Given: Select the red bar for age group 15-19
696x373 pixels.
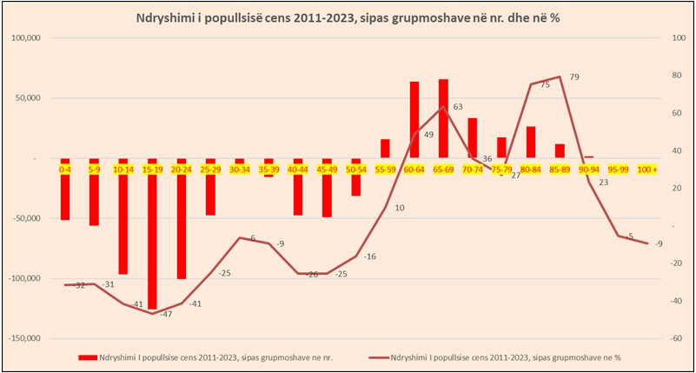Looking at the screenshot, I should pyautogui.click(x=153, y=235).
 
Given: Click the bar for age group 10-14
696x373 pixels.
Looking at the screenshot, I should pyautogui.click(x=123, y=217).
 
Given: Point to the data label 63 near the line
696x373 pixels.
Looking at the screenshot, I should pyautogui.click(x=458, y=107).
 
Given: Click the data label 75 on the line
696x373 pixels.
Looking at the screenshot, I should pyautogui.click(x=545, y=85).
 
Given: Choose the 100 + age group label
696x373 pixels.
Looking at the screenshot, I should pyautogui.click(x=647, y=170).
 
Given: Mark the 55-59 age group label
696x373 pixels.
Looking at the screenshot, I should pyautogui.click(x=385, y=170).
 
